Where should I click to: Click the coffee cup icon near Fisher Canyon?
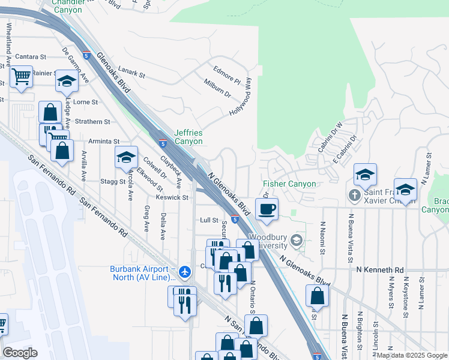tap(267, 209)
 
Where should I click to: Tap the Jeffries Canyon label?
tap(188, 137)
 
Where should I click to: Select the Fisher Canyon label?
tap(289, 184)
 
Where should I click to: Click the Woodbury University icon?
tap(295, 241)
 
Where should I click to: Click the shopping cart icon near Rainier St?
tap(22, 76)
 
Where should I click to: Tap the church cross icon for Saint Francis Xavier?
tap(354, 196)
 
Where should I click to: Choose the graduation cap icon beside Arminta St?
tap(125, 157)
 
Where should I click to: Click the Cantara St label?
tap(30, 56)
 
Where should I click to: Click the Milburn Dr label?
tap(217, 89)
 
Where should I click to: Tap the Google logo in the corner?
tap(20, 353)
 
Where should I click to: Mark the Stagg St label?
tap(113, 181)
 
